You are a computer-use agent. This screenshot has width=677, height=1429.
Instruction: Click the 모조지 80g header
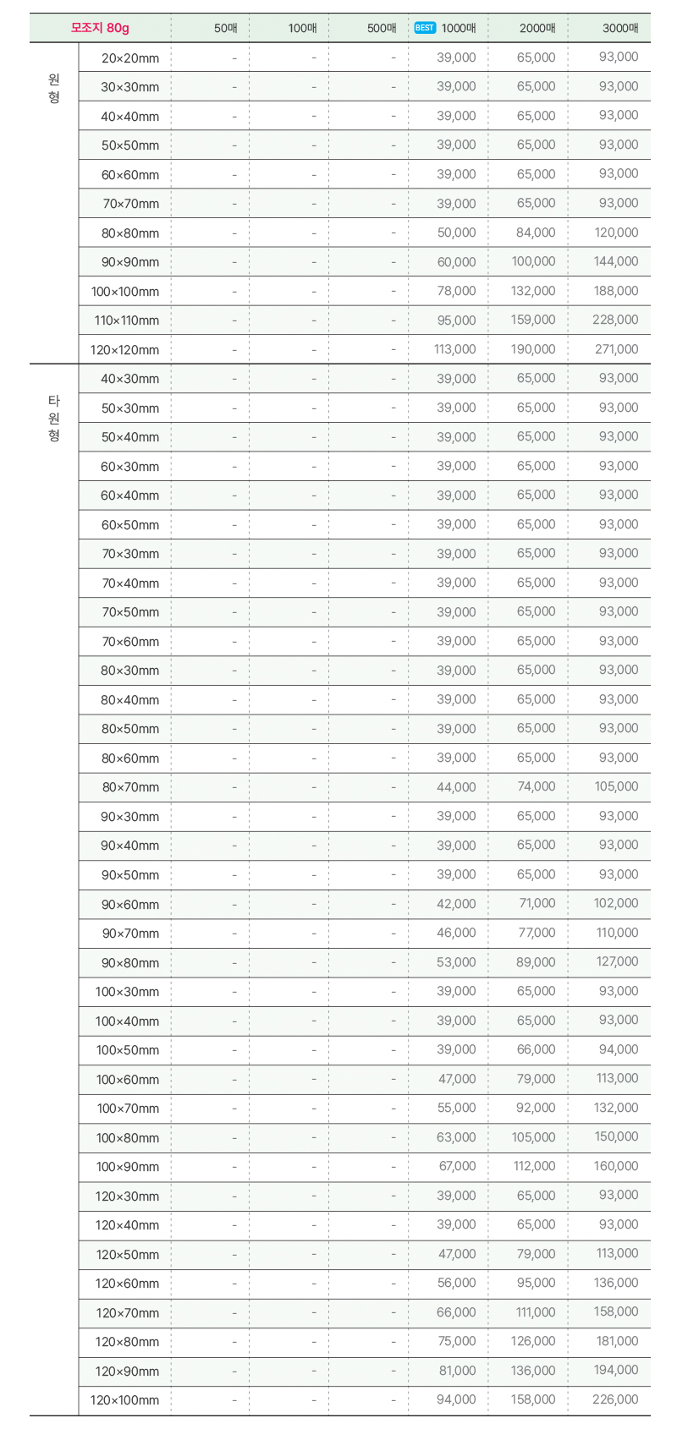(100, 28)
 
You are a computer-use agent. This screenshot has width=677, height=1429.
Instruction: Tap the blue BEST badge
(425, 28)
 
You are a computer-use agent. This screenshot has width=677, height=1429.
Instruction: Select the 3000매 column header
(620, 28)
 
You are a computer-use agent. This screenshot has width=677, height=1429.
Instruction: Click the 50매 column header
(226, 28)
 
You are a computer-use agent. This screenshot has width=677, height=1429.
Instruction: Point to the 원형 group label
(54, 88)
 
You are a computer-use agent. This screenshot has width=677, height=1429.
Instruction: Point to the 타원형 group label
(54, 418)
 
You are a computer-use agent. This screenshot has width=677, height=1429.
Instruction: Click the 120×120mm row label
(124, 350)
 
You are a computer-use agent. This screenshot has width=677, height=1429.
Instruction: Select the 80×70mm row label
(130, 787)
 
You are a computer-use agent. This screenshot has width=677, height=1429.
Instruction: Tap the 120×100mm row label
(124, 1400)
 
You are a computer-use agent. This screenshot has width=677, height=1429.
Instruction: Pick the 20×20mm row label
(130, 58)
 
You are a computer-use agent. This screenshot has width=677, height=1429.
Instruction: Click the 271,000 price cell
(616, 349)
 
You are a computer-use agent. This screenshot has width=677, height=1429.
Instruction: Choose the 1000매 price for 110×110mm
(456, 320)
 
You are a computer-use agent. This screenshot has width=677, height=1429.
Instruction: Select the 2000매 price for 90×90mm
(533, 261)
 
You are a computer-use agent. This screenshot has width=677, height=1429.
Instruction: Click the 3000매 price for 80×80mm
(616, 233)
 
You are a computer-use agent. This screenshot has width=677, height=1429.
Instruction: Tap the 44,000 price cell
(456, 787)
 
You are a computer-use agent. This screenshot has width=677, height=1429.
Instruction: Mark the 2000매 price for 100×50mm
(537, 1049)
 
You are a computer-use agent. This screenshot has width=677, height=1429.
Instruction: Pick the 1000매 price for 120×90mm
(457, 1371)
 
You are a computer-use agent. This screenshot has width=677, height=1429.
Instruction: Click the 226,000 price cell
(615, 1399)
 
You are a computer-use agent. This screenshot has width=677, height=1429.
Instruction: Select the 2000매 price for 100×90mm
(534, 1166)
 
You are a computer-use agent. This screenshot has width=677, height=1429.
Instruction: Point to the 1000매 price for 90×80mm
(456, 962)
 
